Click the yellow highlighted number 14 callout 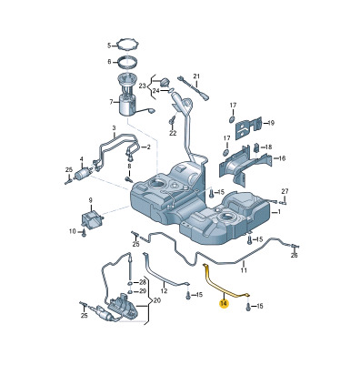click(224, 303)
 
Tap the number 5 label click(109, 46)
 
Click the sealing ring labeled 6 click(126, 63)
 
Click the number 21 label click(196, 76)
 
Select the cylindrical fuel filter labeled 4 click(83, 174)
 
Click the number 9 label click(90, 200)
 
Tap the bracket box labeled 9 click(92, 219)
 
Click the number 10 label click(73, 231)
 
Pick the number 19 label click(271, 123)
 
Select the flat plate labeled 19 click(248, 128)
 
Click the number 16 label click(282, 158)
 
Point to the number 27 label click(285, 191)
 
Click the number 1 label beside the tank click(278, 212)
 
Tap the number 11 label click(244, 270)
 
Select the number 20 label click(156, 300)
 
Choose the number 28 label click(143, 282)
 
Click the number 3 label click(114, 128)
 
